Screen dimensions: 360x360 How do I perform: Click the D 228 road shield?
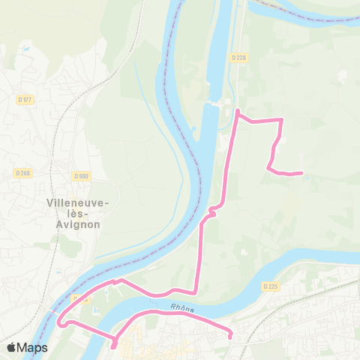click(x=238, y=57)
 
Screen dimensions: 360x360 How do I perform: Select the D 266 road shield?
click(x=22, y=172)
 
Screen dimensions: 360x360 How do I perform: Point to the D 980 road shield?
click(x=82, y=176)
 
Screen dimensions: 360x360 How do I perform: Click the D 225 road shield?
click(x=271, y=286)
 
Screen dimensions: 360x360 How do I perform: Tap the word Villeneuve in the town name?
click(x=78, y=202)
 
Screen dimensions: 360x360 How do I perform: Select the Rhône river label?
click(x=182, y=307)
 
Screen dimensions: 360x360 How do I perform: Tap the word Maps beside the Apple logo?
click(x=33, y=347)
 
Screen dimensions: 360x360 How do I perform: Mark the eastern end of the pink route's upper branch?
click(x=301, y=173)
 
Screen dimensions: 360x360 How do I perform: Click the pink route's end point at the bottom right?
click(x=230, y=336)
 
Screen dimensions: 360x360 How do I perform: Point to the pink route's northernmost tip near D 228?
click(x=238, y=111)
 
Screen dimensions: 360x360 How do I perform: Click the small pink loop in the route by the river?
click(x=213, y=213)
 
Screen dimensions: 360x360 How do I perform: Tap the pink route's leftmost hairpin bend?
click(x=59, y=323)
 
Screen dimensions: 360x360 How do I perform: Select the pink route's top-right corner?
click(x=281, y=119)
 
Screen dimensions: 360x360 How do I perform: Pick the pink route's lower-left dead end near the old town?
click(x=114, y=346)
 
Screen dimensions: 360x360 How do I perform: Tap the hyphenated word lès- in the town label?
click(x=78, y=213)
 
